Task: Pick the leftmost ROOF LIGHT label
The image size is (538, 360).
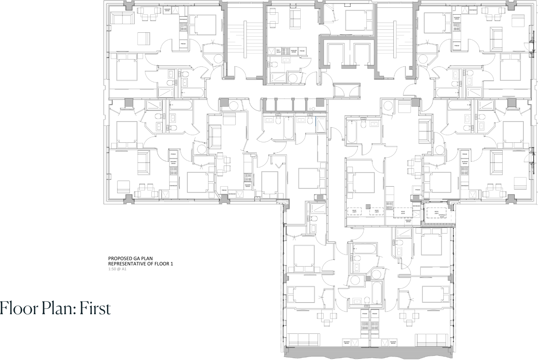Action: (353, 212)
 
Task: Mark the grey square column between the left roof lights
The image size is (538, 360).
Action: (368, 206)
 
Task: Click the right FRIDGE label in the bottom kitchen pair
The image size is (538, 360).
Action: (374, 313)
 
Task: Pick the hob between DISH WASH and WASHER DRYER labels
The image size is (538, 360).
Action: (285, 51)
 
